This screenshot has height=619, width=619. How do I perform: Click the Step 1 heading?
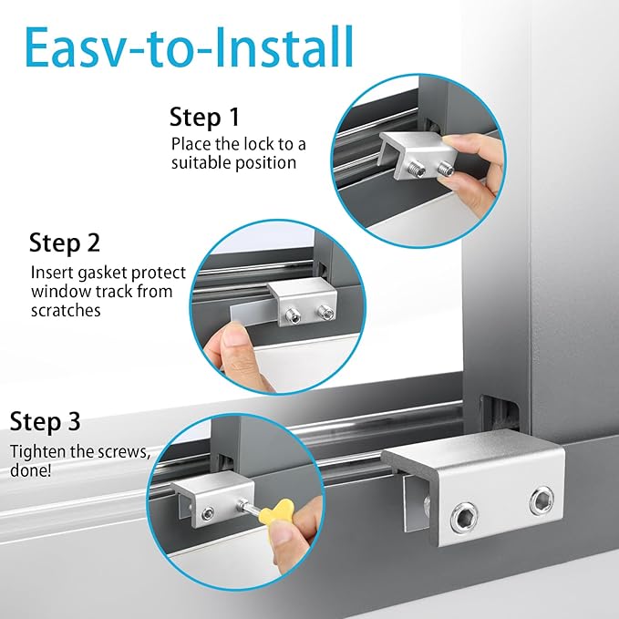coord(204,118)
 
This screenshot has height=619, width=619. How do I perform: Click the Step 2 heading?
coord(65,242)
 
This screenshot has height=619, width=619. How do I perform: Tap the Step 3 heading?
coord(45,421)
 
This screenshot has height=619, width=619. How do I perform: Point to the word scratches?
coord(66,311)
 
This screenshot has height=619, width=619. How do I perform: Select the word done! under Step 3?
coord(30,470)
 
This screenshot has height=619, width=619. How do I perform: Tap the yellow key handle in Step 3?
coord(277,511)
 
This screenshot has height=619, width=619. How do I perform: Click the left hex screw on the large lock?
coord(464,517)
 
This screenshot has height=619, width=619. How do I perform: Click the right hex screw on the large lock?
coord(542,500)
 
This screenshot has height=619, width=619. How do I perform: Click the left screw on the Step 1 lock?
coord(417,170)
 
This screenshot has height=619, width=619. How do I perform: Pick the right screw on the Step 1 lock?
coord(446,169)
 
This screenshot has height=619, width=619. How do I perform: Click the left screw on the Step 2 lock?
coord(293,316)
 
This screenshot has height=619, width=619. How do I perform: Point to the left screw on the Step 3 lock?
coord(208,513)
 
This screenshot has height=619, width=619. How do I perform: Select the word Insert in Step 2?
coord(52,273)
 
